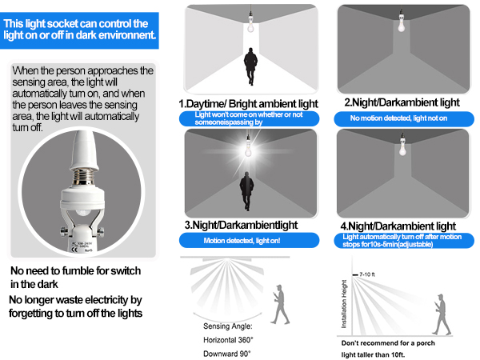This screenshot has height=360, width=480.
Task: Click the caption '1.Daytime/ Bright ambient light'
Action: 249,104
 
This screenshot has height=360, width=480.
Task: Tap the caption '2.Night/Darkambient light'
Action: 402,103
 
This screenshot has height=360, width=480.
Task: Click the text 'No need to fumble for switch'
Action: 77,270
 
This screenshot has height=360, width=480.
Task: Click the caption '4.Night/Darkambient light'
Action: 398,226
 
